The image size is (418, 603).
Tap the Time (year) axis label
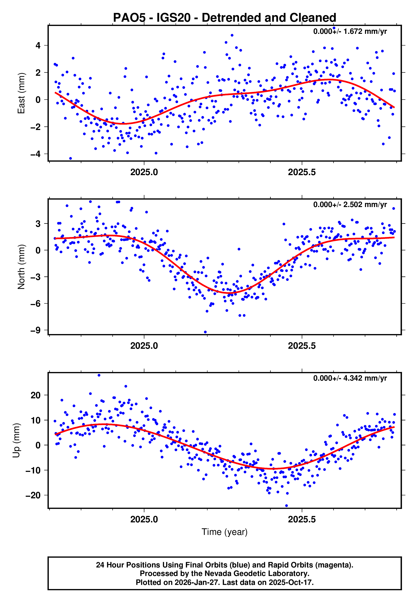click(225, 532)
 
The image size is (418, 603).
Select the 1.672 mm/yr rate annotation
click(350, 31)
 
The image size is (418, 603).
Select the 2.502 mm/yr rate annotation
click(350, 204)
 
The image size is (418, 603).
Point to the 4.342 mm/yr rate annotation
click(350, 378)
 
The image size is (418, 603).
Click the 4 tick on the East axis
click(38, 46)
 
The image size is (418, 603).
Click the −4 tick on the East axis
click(36, 154)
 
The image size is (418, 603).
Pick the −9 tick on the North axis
click(36, 330)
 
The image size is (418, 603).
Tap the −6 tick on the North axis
click(36, 304)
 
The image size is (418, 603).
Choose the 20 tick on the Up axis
click(36, 395)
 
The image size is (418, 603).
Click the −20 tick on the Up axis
click(33, 495)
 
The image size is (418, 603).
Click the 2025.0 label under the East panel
click(144, 172)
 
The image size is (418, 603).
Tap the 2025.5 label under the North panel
click(302, 346)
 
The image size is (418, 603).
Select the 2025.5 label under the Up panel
click(302, 519)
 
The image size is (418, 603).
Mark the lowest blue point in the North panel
click(205, 332)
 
